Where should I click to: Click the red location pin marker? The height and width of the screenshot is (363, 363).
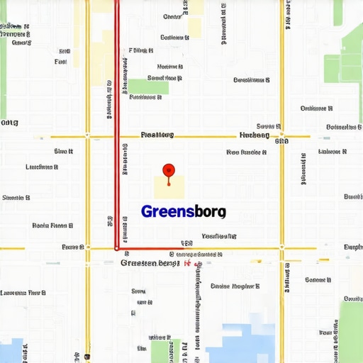[x=168, y=170]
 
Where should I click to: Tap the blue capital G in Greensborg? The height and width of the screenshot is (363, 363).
[x=147, y=211]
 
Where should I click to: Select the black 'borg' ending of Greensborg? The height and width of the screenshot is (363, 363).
[x=210, y=211]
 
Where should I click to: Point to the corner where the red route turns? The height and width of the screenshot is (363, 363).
[x=117, y=248]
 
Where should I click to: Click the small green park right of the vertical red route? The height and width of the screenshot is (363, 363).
[x=148, y=86]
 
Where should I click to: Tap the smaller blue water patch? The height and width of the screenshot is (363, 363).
[x=11, y=351]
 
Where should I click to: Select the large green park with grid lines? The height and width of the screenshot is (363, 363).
[x=344, y=60]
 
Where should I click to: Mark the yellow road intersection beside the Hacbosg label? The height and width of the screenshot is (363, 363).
[x=281, y=135]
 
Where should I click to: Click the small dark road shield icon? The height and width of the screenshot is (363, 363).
[x=86, y=357]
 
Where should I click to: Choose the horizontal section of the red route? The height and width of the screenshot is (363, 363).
[x=145, y=248]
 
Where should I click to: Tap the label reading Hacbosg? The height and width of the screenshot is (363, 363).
[x=255, y=135]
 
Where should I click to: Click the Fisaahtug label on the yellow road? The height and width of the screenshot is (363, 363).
[x=157, y=134]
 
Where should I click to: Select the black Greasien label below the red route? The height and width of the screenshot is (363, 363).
[x=150, y=263]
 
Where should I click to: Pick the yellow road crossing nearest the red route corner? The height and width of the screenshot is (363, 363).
[x=87, y=248]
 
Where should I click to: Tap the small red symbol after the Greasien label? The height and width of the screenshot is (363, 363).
[x=189, y=264]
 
